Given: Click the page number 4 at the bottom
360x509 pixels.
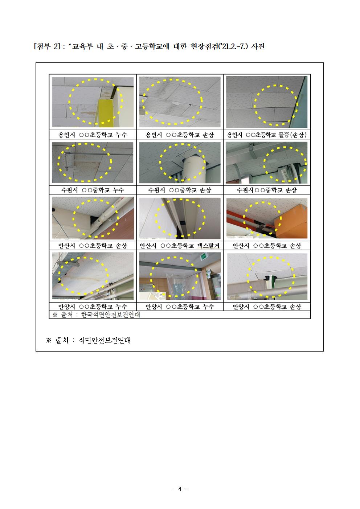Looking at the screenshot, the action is [180, 489].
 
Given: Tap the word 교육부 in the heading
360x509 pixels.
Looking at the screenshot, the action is [82, 46].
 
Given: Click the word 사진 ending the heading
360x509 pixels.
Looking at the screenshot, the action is [258, 46].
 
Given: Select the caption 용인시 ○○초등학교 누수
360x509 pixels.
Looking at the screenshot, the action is [93, 135].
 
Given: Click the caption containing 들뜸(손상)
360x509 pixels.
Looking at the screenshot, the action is [267, 135].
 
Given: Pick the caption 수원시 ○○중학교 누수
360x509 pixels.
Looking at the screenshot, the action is [93, 190].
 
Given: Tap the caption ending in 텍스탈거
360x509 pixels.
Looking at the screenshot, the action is [180, 246].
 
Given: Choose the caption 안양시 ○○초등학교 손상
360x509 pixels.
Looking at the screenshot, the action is [267, 307].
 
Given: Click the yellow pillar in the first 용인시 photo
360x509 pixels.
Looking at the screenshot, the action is [105, 112].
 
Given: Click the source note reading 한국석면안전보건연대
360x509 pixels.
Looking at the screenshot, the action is [110, 315].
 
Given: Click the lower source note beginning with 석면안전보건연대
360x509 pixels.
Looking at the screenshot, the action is [104, 340].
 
